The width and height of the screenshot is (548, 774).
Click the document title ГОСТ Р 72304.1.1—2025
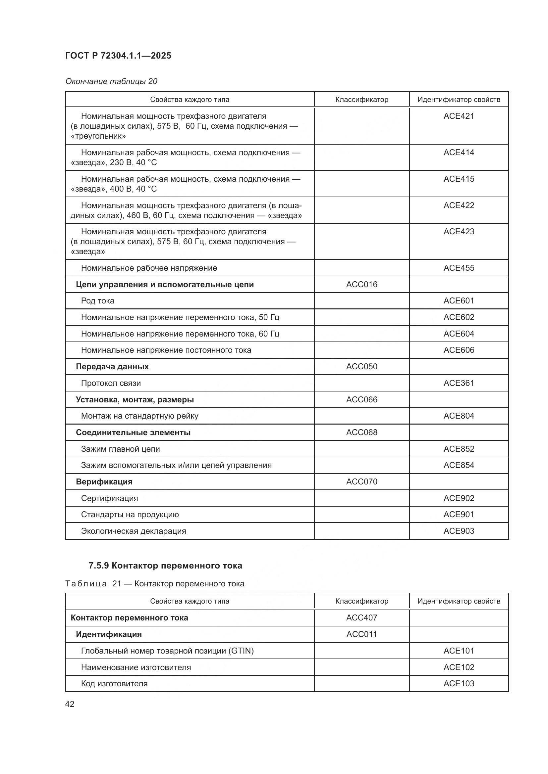click(118, 56)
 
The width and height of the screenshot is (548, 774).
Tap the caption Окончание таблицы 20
click(111, 81)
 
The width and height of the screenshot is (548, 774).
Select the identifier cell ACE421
click(459, 116)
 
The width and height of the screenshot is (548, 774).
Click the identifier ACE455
click(459, 268)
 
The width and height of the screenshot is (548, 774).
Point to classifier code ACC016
click(361, 285)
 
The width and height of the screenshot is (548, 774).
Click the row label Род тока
click(97, 301)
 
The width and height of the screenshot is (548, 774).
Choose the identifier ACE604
click(459, 334)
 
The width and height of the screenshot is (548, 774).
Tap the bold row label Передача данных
click(112, 366)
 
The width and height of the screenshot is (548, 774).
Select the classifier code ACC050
click(361, 366)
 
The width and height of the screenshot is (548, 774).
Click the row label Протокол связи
click(111, 383)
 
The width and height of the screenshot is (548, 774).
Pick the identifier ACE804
click(459, 416)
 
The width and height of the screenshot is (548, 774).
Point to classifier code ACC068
click(361, 432)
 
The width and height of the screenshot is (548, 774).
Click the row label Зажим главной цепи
click(120, 449)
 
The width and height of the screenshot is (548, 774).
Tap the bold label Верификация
click(104, 481)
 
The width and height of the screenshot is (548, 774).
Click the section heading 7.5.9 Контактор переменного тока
click(165, 565)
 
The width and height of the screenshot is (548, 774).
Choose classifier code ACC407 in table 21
click(361, 617)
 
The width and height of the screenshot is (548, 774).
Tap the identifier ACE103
click(459, 683)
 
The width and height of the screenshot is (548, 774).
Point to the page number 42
click(70, 704)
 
